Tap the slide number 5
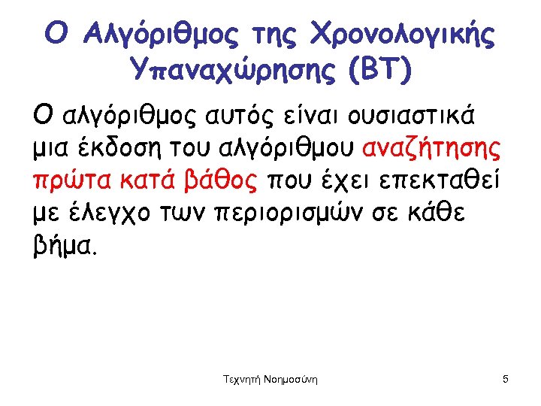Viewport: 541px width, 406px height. click(506, 380)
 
